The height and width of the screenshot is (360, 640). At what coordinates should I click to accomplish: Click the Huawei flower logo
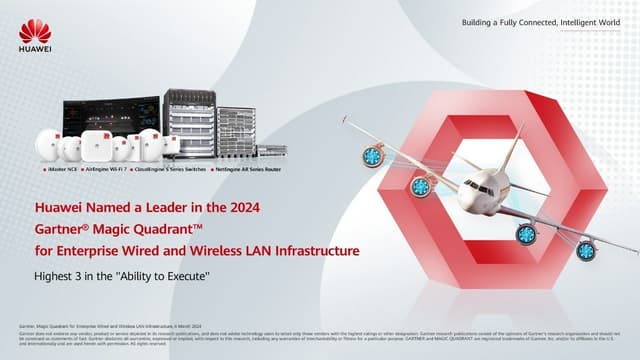pyautogui.click(x=34, y=29)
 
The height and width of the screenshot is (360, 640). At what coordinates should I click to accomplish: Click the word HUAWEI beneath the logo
pyautogui.click(x=34, y=50)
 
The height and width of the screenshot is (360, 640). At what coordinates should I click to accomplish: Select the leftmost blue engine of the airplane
pyautogui.click(x=372, y=155)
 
